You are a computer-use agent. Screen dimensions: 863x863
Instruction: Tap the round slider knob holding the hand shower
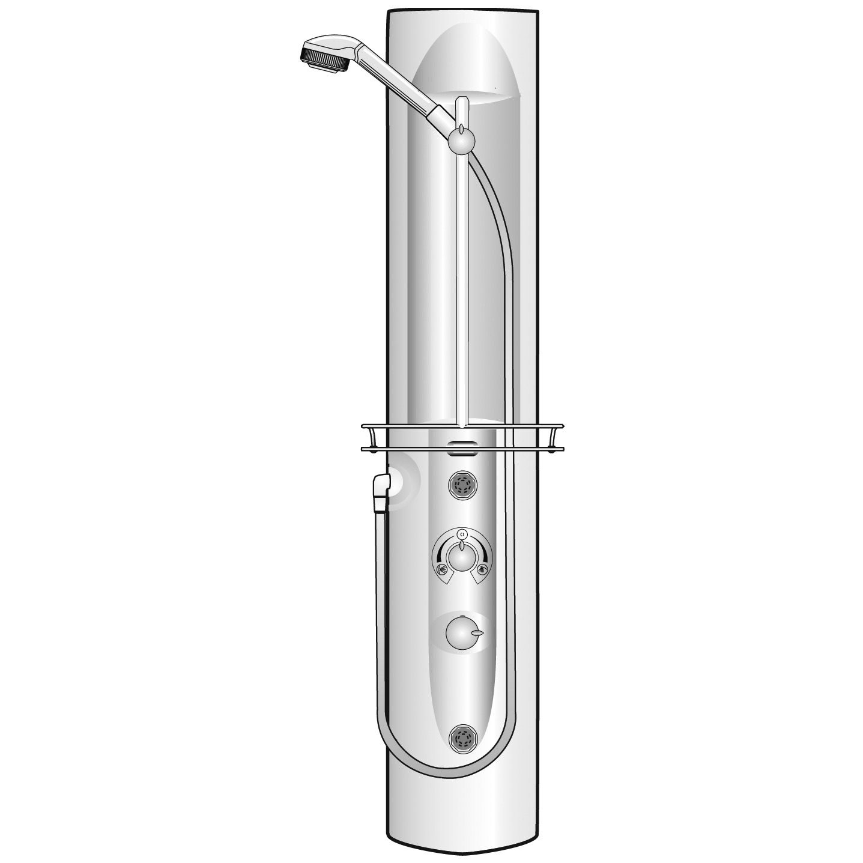(x=461, y=141)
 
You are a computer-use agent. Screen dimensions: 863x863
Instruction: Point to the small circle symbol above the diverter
(x=461, y=533)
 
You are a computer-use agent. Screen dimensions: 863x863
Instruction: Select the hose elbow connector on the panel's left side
(x=381, y=489)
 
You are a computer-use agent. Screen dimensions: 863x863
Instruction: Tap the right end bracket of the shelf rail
(x=560, y=437)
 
